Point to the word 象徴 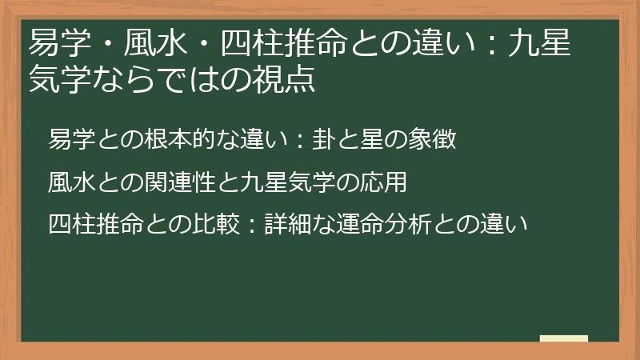point(434,139)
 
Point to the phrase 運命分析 point(387,224)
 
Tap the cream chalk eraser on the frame point(564,338)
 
